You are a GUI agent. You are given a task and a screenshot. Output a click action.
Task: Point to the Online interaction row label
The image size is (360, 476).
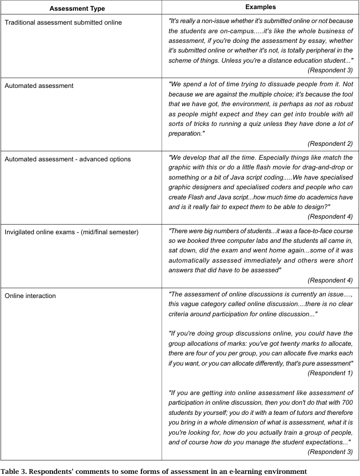(29, 295)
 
